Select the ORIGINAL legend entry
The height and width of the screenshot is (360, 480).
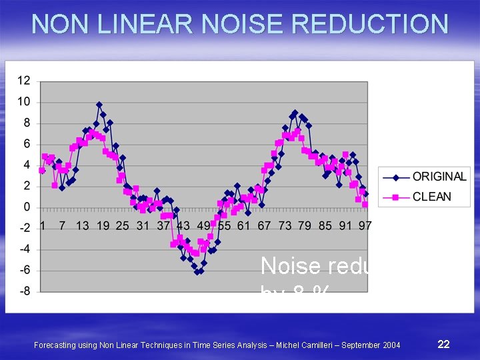point(439,177)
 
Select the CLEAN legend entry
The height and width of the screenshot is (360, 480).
point(431,197)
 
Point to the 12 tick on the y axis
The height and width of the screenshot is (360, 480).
point(23,81)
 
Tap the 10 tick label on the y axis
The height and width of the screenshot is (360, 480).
point(23,102)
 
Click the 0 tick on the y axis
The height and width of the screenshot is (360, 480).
point(27,207)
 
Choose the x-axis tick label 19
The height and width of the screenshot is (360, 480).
point(103,226)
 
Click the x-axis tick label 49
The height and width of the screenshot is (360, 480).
point(203,226)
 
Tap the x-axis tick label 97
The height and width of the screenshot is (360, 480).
point(365,226)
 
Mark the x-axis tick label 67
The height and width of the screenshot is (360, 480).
point(264,226)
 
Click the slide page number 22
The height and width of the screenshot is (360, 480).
point(443,344)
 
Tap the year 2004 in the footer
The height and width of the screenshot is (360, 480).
point(390,345)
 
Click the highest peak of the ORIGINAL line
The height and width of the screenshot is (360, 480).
point(99,105)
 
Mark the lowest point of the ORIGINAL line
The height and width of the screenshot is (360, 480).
point(197,272)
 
